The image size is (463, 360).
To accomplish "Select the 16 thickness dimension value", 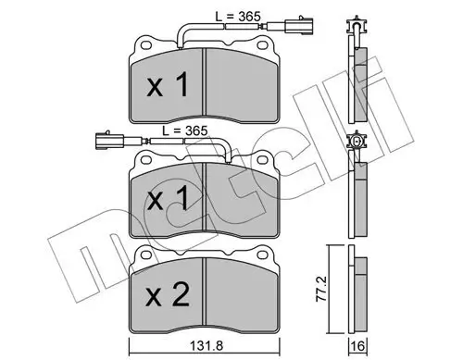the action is [x=357, y=346].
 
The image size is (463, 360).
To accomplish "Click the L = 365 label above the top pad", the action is [x=238, y=17].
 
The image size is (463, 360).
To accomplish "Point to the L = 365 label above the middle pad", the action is [x=185, y=131].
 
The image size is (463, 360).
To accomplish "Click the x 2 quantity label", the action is [x=168, y=295].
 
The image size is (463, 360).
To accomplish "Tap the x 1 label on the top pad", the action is [x=168, y=84].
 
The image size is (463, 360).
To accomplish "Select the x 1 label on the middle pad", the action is [x=168, y=198].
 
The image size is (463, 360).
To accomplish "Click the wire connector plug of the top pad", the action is [x=290, y=26].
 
